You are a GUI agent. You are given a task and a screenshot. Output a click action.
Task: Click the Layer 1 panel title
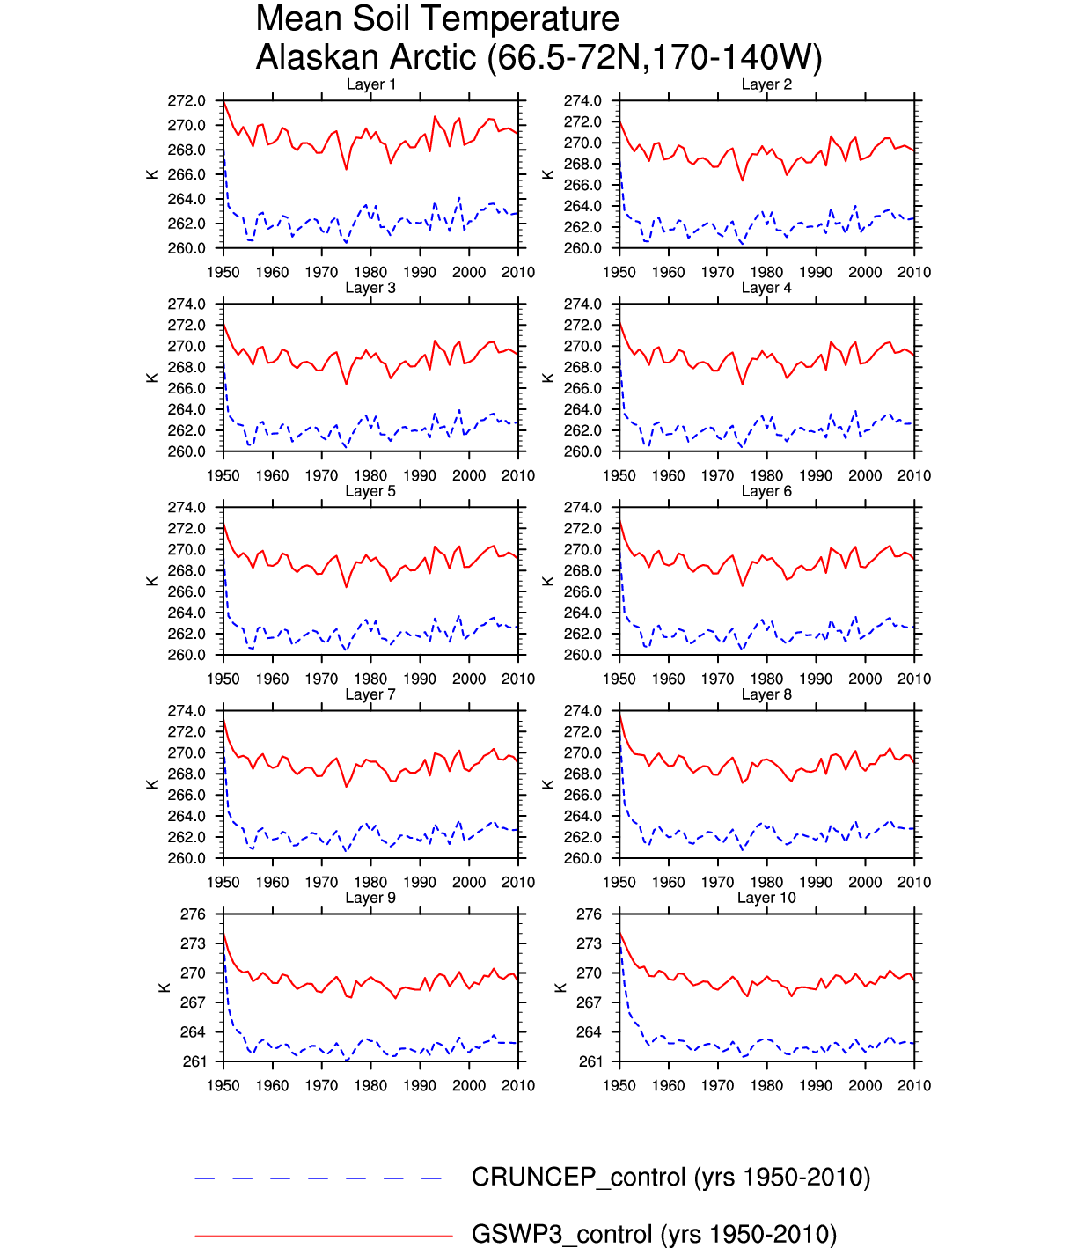pyautogui.click(x=370, y=84)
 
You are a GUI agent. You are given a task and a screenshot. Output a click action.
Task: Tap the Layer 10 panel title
pyautogui.click(x=766, y=898)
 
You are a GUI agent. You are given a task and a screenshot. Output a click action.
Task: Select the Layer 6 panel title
pyautogui.click(x=766, y=491)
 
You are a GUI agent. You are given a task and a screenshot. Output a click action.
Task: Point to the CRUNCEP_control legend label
pyautogui.click(x=670, y=1178)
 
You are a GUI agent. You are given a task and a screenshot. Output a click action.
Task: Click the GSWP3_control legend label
pyautogui.click(x=654, y=1234)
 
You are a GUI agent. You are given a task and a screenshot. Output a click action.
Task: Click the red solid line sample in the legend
pyautogui.click(x=323, y=1236)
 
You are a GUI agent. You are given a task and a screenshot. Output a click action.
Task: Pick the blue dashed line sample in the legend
pyautogui.click(x=318, y=1178)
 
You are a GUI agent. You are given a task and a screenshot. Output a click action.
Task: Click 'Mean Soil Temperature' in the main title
pyautogui.click(x=437, y=18)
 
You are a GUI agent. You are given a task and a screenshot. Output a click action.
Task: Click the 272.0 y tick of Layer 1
pyautogui.click(x=187, y=101)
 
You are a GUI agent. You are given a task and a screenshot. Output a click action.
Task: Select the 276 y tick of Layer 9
pyautogui.click(x=193, y=914)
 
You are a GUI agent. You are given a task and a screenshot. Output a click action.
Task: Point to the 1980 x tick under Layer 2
pyautogui.click(x=766, y=273)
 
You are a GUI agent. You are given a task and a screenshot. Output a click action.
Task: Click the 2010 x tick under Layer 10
pyautogui.click(x=914, y=1086)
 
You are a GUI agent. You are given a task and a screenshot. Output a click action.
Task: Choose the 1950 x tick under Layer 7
pyautogui.click(x=223, y=883)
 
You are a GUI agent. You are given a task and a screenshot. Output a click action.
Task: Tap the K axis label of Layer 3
pyautogui.click(x=152, y=378)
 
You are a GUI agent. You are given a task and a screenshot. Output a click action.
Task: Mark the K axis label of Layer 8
pyautogui.click(x=548, y=784)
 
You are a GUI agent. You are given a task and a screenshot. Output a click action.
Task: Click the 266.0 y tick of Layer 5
pyautogui.click(x=187, y=591)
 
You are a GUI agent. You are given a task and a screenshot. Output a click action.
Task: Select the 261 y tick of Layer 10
pyautogui.click(x=590, y=1061)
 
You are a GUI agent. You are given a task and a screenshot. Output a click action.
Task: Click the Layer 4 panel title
pyautogui.click(x=766, y=288)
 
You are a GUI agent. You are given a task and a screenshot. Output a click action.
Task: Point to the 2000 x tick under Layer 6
pyautogui.click(x=865, y=679)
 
